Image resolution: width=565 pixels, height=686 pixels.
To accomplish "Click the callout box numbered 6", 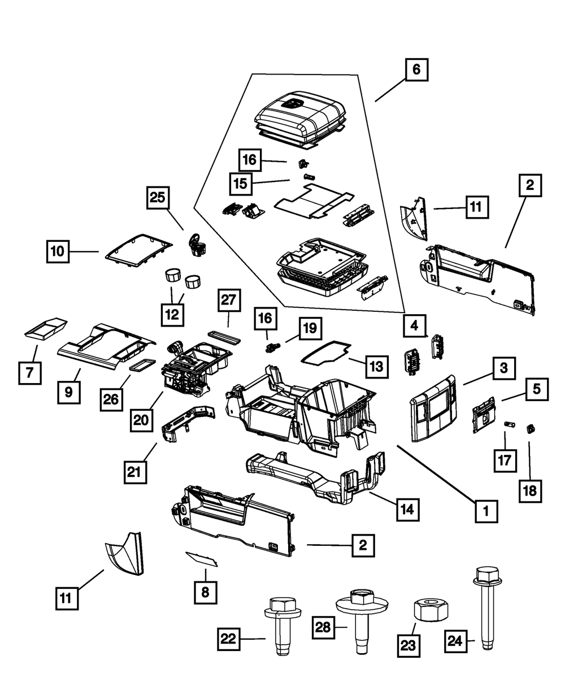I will pos(416,71).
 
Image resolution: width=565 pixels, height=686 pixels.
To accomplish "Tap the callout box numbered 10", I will pos(58,251).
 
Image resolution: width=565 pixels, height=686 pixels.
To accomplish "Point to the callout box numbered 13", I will pos(377,366).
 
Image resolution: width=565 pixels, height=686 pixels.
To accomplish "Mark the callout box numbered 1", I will pos(485,512).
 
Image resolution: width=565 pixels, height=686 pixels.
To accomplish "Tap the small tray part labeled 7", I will pos(46,329).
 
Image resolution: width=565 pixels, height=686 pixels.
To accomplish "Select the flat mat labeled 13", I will pos(325,352).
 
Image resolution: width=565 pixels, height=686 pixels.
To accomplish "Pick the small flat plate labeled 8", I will pos(202,559).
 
